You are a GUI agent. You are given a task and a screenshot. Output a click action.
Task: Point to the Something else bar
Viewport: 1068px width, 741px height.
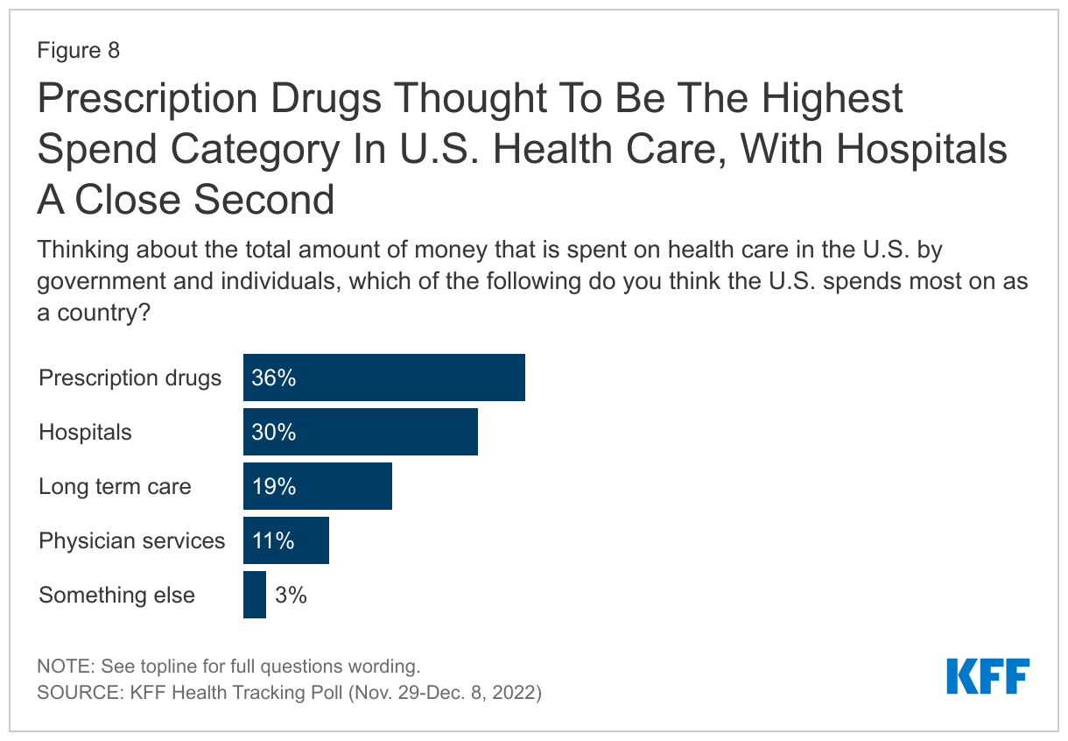tap(255, 595)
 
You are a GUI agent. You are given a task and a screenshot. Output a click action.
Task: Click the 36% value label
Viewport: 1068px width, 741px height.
tap(274, 378)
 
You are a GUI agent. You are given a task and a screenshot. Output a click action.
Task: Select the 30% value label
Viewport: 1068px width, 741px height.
tap(274, 432)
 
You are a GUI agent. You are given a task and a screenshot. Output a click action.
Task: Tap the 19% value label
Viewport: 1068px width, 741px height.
tap(274, 486)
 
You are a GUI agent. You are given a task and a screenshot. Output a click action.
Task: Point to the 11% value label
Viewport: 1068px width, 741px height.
tap(273, 540)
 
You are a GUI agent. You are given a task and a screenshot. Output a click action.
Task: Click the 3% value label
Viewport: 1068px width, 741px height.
tap(291, 595)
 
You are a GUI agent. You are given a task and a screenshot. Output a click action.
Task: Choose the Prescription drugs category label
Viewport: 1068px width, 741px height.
tap(130, 378)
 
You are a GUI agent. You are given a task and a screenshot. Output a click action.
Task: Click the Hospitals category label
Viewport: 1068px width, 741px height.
tap(85, 432)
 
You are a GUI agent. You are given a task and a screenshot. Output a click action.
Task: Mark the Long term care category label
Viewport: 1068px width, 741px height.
tap(115, 486)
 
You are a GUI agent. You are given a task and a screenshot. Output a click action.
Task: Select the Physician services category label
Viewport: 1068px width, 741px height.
tap(132, 540)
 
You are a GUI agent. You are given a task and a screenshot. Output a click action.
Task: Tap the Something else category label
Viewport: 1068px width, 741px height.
tap(116, 595)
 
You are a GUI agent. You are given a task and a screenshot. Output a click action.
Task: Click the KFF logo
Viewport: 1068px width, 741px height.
tap(988, 676)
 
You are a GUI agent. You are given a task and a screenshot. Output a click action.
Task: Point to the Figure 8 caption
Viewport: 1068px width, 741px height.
tap(78, 50)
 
